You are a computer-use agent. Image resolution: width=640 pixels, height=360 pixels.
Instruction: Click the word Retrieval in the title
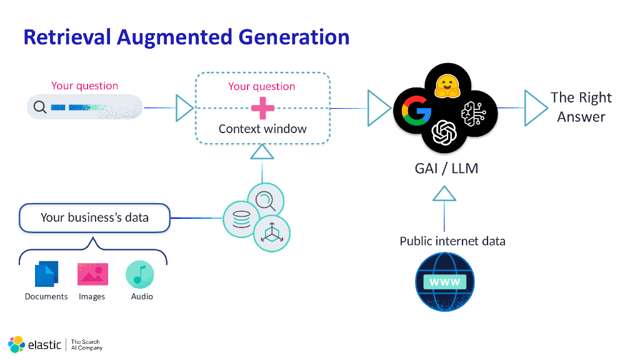[x=67, y=37]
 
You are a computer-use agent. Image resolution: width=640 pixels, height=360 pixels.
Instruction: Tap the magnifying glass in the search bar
[x=40, y=107]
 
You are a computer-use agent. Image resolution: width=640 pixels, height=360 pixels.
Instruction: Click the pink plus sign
[x=262, y=108]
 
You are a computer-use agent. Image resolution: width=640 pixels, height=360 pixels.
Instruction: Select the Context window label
[x=262, y=129]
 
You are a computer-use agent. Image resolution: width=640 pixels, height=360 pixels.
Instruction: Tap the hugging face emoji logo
[x=447, y=86]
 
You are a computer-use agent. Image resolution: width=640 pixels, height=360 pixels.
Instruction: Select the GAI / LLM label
[x=446, y=168]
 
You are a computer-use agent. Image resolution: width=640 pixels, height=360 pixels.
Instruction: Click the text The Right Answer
[x=581, y=107]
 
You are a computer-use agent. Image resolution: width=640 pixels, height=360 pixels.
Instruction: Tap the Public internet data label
[x=452, y=241]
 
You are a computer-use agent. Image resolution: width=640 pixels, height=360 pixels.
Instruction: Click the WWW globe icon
[x=444, y=282]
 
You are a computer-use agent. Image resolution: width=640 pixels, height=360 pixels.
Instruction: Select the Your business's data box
[x=94, y=217]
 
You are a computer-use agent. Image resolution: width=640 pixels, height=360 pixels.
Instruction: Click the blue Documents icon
[x=46, y=274]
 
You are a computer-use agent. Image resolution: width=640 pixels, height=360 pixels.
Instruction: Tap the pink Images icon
[x=92, y=274]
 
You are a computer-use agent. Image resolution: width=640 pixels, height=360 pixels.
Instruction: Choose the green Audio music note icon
[x=139, y=274]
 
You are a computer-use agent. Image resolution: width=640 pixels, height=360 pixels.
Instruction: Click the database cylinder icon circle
[x=241, y=219]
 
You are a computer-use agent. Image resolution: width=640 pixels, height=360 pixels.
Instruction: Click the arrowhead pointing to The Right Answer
[x=535, y=107]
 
